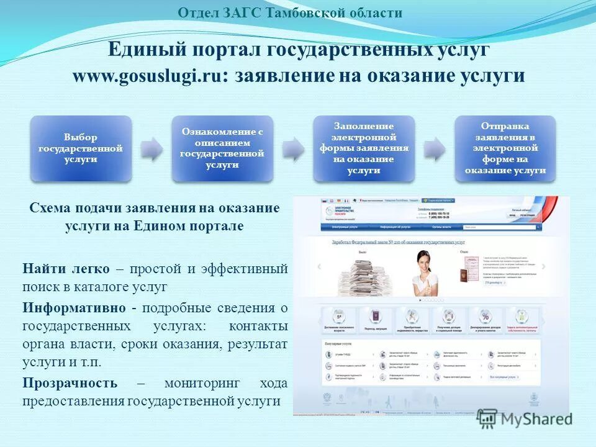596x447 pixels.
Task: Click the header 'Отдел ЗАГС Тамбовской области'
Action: [290, 12]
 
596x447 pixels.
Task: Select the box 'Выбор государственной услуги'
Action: [81, 148]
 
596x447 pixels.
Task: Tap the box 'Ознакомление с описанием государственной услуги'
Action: [222, 148]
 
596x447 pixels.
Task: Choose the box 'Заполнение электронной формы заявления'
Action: [364, 148]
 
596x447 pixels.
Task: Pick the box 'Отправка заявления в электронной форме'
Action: [505, 148]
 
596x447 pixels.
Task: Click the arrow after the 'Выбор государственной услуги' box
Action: [151, 149]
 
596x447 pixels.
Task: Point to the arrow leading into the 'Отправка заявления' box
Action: [435, 149]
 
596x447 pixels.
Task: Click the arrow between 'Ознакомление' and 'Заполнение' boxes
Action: [293, 149]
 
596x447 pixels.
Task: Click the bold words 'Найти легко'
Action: [66, 269]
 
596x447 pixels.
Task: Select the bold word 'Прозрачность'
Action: [70, 382]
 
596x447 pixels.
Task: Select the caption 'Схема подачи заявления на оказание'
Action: [155, 208]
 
